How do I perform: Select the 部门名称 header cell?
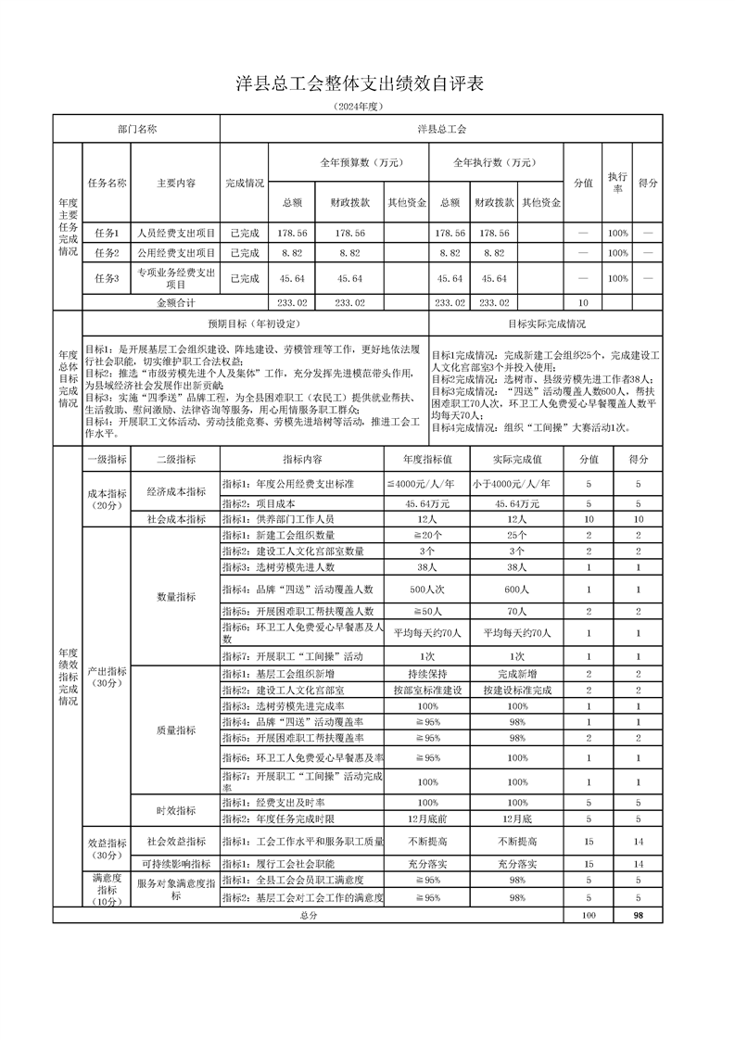point(137,129)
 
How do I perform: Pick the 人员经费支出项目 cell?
point(175,233)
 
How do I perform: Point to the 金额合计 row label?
point(175,302)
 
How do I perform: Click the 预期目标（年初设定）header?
point(255,324)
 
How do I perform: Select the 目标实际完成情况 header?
point(546,324)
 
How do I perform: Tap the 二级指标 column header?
point(175,458)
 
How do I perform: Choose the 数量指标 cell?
point(175,597)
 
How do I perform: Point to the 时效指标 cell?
point(175,810)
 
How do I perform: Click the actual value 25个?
point(516,536)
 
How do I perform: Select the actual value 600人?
point(516,590)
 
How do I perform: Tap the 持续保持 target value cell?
point(427,673)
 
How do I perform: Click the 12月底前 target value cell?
point(427,819)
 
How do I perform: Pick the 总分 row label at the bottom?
point(309,915)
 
